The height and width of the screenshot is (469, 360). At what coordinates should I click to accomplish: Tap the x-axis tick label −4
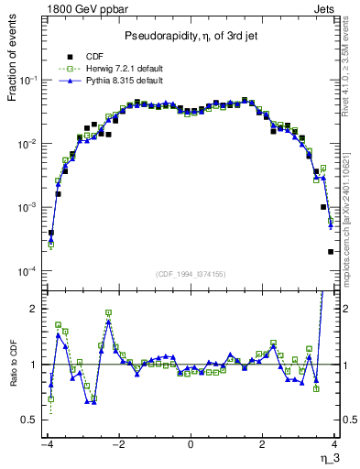click(x=46, y=444)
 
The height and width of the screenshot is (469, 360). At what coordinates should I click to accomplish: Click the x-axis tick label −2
click(x=117, y=444)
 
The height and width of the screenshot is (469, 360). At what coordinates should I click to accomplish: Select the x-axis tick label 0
click(x=191, y=444)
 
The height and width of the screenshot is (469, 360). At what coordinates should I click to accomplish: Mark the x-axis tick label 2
click(x=262, y=444)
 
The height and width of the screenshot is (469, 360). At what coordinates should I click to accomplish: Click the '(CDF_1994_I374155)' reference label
click(x=190, y=274)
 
